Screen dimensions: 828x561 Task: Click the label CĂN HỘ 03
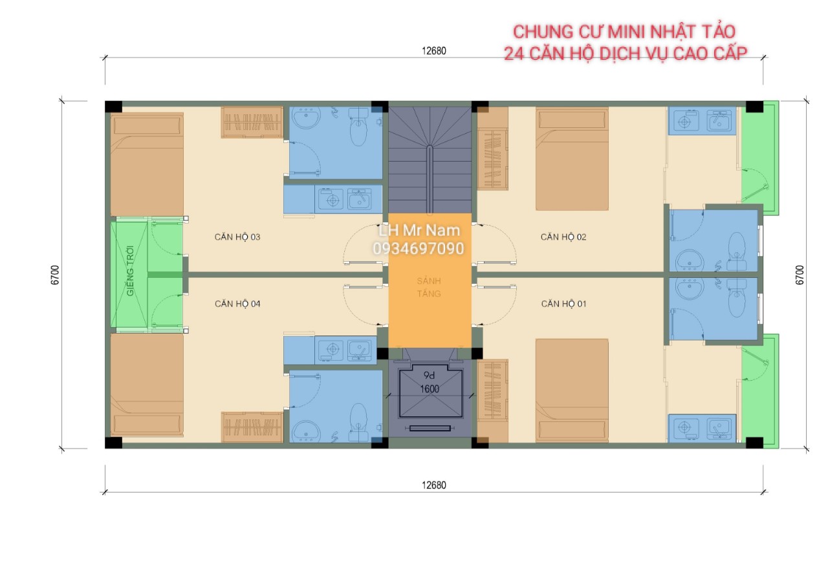point(237,237)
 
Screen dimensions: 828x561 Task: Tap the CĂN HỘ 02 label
point(563,237)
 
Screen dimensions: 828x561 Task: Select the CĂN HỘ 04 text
point(237,304)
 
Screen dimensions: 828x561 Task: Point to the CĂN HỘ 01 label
point(563,304)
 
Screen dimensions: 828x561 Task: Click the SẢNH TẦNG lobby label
point(429,288)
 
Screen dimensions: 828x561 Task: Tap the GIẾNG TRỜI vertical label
point(130,271)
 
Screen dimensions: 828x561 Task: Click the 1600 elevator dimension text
point(430,389)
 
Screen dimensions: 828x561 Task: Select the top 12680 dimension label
point(434,51)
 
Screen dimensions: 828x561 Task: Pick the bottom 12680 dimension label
point(434,485)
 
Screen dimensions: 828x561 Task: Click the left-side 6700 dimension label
point(55,275)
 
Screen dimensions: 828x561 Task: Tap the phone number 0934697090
point(419,249)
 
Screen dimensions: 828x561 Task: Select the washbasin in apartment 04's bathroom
point(306,431)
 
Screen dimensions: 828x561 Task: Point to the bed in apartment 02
point(572,159)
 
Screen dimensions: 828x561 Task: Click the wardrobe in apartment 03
point(252,122)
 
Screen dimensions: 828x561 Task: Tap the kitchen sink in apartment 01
point(719,428)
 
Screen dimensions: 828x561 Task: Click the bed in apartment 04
point(147,385)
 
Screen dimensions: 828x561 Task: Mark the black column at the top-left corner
point(113,107)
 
